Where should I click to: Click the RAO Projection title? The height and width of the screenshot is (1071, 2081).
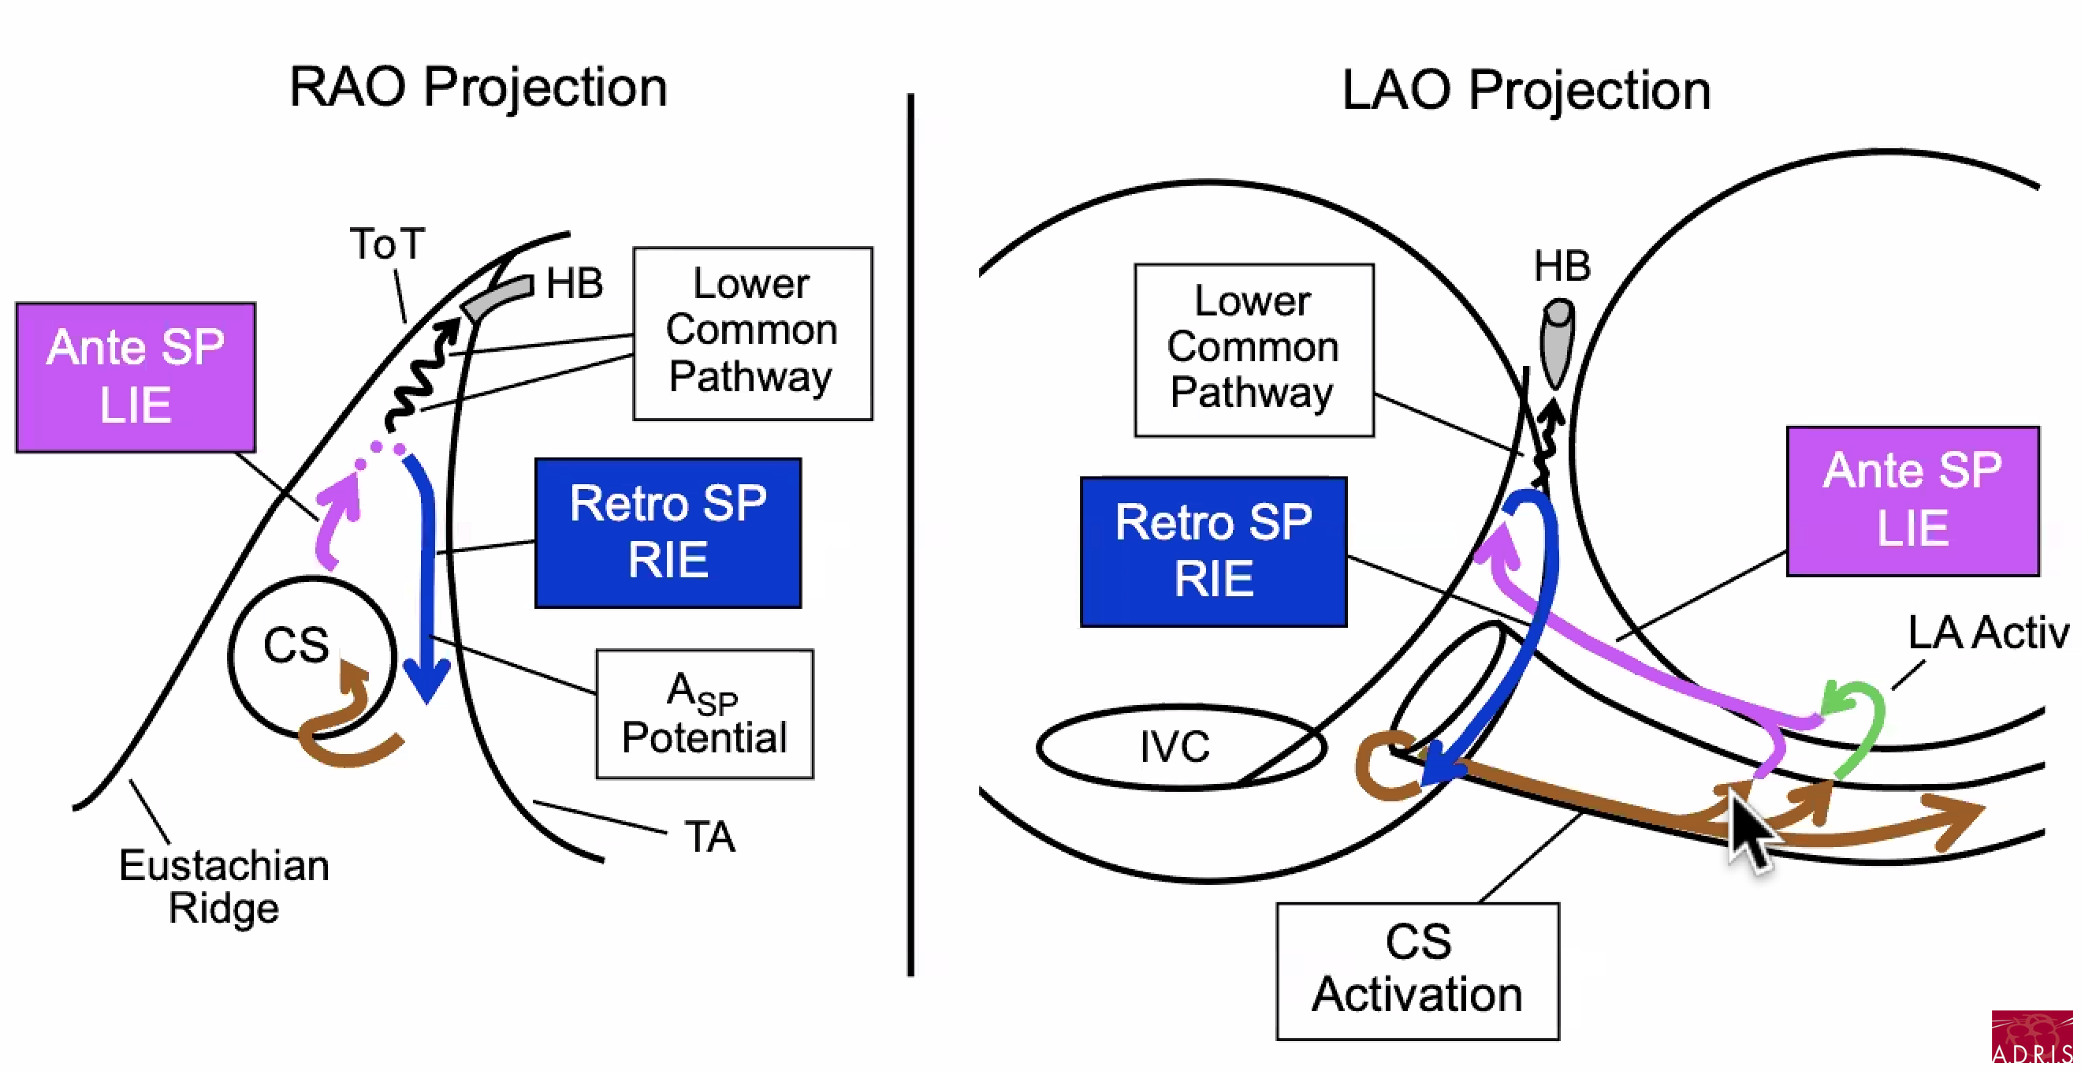(x=478, y=88)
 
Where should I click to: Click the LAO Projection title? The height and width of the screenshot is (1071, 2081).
(x=1525, y=90)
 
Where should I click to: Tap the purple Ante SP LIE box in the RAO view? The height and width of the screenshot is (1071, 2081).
(x=136, y=377)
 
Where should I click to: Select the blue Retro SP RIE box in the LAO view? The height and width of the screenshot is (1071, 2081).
(x=1213, y=551)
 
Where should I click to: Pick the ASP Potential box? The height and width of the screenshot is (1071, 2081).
(x=705, y=714)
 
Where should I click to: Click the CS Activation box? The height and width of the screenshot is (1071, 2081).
(x=1417, y=970)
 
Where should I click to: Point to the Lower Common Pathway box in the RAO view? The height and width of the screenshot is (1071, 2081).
(x=752, y=333)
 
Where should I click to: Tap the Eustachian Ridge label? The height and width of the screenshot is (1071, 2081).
(x=224, y=886)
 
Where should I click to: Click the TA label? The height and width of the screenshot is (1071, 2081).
(x=709, y=837)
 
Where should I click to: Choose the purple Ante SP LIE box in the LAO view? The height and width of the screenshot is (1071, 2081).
(x=1912, y=500)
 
